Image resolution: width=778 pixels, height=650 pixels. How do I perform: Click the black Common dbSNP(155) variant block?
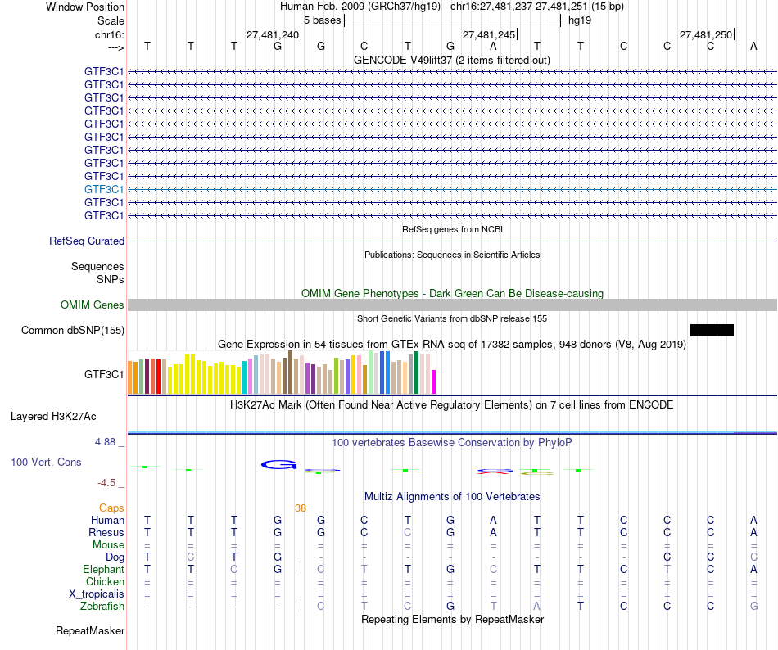point(712,330)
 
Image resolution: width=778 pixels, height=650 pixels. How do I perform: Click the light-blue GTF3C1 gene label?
point(104,189)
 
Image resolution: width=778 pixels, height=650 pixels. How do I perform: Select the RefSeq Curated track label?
point(87,241)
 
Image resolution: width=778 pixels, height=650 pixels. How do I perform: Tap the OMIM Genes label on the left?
point(93,305)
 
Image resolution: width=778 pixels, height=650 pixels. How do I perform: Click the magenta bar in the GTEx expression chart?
point(434,382)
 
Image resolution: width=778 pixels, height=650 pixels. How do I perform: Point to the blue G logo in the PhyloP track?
point(279,465)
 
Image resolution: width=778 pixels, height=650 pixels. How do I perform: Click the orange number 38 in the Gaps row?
point(301,508)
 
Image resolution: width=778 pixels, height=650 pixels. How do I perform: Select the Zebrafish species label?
point(102,607)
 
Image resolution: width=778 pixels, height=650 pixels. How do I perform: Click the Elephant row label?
point(103,570)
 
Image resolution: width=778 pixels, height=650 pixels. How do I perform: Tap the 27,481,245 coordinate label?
point(489,35)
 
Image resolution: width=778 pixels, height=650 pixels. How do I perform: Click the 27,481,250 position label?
point(705,35)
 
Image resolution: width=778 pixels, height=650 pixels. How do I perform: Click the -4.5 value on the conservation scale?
point(108,483)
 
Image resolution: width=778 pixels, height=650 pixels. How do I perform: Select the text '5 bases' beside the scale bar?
point(322,20)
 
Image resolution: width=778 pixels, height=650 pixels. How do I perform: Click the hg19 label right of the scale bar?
point(580,20)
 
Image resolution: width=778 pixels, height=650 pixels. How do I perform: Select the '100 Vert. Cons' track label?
point(46,463)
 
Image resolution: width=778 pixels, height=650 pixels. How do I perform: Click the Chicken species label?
point(105,582)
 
